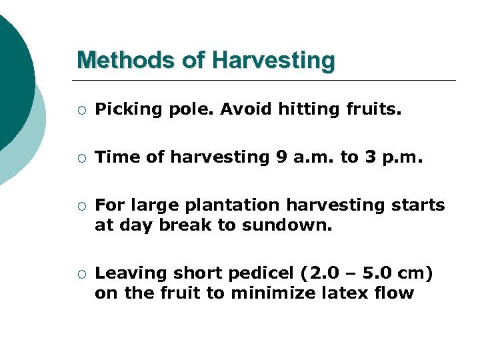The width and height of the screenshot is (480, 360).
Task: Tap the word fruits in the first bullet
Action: coord(373,109)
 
